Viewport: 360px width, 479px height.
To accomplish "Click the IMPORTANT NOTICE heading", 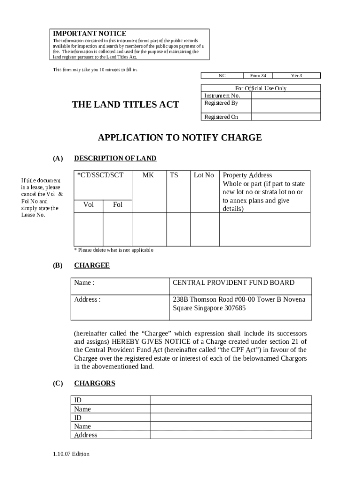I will click(89, 34).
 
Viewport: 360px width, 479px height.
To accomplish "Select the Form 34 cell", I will click(258, 76).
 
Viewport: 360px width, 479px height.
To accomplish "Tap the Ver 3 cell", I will click(296, 76).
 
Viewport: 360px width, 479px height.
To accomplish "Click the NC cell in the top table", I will click(222, 76).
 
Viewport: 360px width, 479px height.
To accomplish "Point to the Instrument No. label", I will click(222, 95).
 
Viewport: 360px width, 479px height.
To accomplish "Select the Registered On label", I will click(221, 117).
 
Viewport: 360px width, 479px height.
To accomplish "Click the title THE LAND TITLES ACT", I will click(125, 105).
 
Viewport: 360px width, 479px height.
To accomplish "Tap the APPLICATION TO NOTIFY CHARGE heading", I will click(180, 138).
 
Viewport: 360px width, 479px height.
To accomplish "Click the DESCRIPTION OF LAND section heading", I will click(115, 158).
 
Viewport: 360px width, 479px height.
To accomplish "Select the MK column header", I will click(148, 175).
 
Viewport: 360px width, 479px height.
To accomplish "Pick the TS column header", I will click(174, 175).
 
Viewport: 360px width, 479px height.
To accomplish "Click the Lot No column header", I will click(204, 175).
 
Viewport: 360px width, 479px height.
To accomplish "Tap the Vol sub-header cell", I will click(88, 205).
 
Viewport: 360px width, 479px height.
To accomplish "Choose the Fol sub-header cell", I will click(118, 205).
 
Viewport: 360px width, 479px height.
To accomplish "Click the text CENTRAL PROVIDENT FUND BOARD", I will click(233, 283).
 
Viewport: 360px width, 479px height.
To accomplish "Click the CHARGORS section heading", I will click(94, 383).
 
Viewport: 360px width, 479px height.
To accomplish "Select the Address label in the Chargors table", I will click(86, 435).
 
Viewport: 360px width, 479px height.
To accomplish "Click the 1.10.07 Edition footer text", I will click(71, 454).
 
